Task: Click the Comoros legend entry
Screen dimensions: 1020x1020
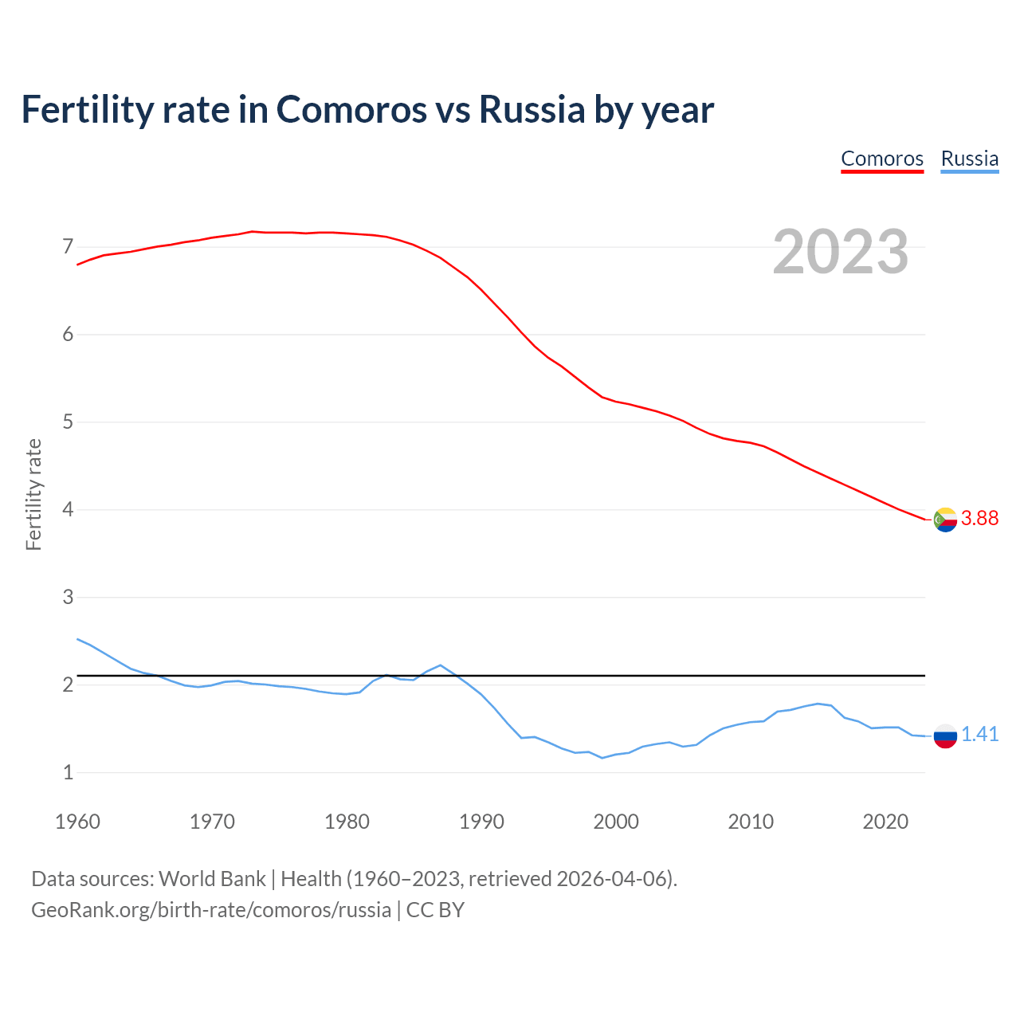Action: pyautogui.click(x=882, y=159)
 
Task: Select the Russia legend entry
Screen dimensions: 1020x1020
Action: pyautogui.click(x=969, y=159)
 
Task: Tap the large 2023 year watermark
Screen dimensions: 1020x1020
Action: pyautogui.click(x=841, y=252)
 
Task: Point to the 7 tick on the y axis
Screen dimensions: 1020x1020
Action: pyautogui.click(x=68, y=246)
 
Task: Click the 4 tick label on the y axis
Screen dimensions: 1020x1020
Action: pyautogui.click(x=68, y=509)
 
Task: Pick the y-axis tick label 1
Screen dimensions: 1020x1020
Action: pyautogui.click(x=68, y=772)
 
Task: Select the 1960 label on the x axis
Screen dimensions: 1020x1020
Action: pyautogui.click(x=77, y=822)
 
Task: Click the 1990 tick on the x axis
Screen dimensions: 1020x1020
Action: pyautogui.click(x=481, y=822)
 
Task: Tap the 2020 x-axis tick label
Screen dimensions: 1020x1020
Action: pyautogui.click(x=885, y=822)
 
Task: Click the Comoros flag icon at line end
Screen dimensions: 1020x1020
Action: pyautogui.click(x=945, y=520)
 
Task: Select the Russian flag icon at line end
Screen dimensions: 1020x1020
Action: pyautogui.click(x=945, y=736)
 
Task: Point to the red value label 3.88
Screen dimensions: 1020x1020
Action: pyautogui.click(x=979, y=519)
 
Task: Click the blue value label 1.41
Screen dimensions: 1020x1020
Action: pyautogui.click(x=979, y=735)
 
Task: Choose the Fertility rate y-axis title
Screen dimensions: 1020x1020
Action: pyautogui.click(x=33, y=494)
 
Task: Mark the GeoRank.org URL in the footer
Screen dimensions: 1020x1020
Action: pyautogui.click(x=211, y=910)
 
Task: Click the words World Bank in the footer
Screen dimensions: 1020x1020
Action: pyautogui.click(x=212, y=879)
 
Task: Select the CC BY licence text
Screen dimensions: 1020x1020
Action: pyautogui.click(x=435, y=910)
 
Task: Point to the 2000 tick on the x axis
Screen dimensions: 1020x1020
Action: pyautogui.click(x=616, y=822)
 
